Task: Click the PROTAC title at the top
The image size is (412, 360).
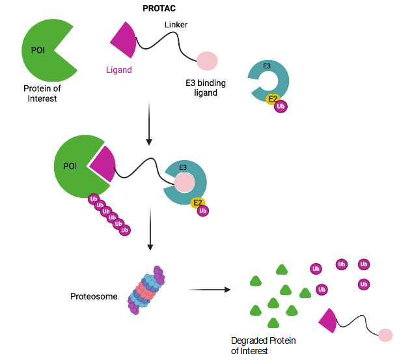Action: pyautogui.click(x=159, y=8)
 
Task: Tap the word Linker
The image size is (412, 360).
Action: pyautogui.click(x=176, y=24)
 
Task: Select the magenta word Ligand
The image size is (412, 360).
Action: pyautogui.click(x=118, y=70)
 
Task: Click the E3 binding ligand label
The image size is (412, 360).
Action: pyautogui.click(x=206, y=88)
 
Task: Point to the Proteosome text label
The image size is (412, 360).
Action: pyautogui.click(x=94, y=296)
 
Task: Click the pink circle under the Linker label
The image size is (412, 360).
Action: pyautogui.click(x=207, y=61)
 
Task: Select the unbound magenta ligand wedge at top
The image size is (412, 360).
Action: pyautogui.click(x=124, y=40)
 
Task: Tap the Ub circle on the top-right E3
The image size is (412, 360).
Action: pyautogui.click(x=281, y=107)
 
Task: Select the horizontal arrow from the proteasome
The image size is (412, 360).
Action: pyautogui.click(x=208, y=289)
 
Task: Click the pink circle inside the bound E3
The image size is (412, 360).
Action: pyautogui.click(x=184, y=183)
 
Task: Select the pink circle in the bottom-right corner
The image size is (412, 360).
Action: pyautogui.click(x=385, y=335)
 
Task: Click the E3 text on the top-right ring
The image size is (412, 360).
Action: pyautogui.click(x=267, y=66)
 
